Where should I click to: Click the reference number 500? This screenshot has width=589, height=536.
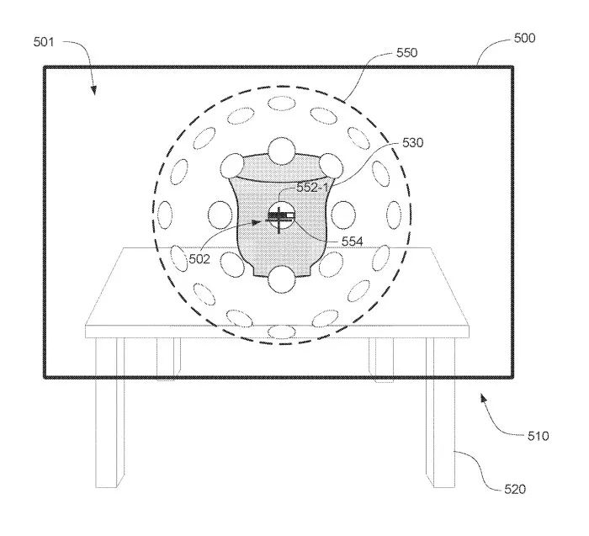pos(524,39)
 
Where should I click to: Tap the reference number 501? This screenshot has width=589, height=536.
pos(44,42)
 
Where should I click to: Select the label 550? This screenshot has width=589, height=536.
pos(406,53)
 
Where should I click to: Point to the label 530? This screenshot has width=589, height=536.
pos(413,143)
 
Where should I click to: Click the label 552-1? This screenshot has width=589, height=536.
pos(312,188)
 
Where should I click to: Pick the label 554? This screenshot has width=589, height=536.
pos(353,241)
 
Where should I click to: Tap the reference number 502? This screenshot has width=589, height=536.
pos(199,259)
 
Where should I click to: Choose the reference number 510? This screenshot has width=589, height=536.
pos(539,436)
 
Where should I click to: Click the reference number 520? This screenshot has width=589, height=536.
pos(515,489)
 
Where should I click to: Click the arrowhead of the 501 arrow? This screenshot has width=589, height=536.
pos(93,90)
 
